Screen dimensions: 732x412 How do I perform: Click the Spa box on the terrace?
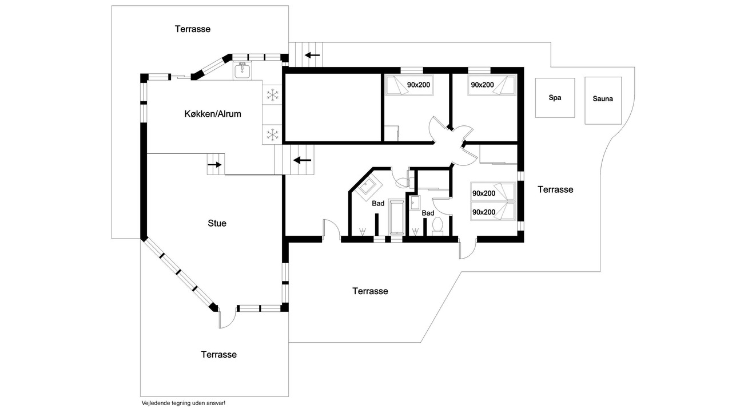click(x=555, y=98)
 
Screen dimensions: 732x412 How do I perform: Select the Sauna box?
click(x=603, y=100)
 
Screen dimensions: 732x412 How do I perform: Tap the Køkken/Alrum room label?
click(x=213, y=114)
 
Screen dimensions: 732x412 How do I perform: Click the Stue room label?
click(x=217, y=223)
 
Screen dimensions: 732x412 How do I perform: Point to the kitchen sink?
click(x=242, y=70)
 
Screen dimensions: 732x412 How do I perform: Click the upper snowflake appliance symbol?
click(x=272, y=95)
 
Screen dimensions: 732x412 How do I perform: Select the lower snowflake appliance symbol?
click(x=272, y=134)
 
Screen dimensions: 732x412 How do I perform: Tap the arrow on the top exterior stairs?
click(x=312, y=56)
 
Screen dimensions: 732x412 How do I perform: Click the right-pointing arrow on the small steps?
click(x=214, y=165)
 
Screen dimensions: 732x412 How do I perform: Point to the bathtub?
click(x=397, y=217)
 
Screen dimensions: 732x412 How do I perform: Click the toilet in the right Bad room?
click(x=437, y=227)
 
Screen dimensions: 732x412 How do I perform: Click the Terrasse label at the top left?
click(x=193, y=29)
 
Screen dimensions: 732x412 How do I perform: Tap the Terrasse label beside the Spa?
click(x=555, y=189)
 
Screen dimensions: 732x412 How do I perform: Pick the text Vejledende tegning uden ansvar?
click(x=184, y=403)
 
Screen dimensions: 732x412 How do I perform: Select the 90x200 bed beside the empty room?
click(x=409, y=85)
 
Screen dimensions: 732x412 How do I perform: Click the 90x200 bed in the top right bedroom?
click(x=492, y=85)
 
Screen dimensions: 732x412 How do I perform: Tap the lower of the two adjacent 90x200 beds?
click(x=493, y=212)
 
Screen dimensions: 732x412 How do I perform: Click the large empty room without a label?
click(x=333, y=108)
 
